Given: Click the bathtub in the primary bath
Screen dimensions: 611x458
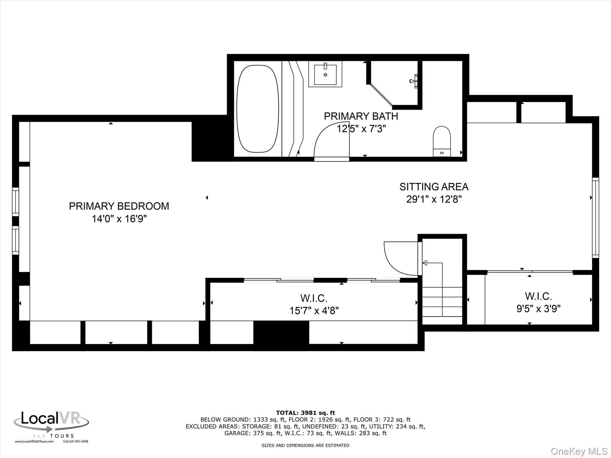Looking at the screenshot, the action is pos(258,109).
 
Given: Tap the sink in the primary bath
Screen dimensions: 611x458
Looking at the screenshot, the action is pos(325,74).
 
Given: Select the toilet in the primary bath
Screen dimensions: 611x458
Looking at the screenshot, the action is pos(442,141).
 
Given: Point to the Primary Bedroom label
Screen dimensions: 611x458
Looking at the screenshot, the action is pos(119,206).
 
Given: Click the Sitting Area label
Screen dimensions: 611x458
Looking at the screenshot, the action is pos(434,187).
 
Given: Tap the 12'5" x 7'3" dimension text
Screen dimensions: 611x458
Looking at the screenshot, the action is pos(361,129).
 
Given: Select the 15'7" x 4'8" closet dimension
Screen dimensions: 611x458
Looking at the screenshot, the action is pos(314,311).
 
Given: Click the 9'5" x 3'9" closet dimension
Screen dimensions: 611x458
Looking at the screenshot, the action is pos(539,309).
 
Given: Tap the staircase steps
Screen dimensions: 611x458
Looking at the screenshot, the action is pos(442,302).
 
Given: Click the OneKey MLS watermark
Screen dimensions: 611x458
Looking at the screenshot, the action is pos(579,451).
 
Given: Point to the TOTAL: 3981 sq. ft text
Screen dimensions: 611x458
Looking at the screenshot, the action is pos(305,413).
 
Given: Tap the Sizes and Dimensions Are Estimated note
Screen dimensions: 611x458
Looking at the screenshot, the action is pos(305,445).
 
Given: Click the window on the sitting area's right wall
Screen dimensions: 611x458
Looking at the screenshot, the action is pos(595,218).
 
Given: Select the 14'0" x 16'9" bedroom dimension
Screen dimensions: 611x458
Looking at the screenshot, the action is pos(119,219).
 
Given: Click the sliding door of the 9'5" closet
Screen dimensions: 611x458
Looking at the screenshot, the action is pos(530,272).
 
